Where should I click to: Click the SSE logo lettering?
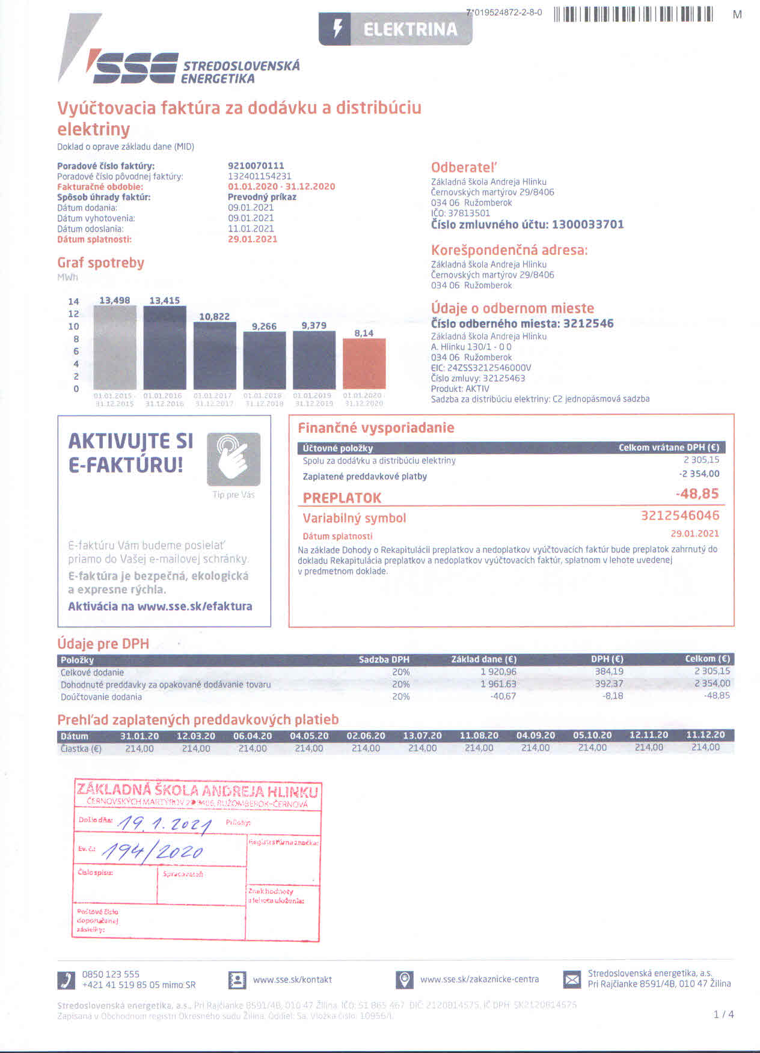(x=132, y=67)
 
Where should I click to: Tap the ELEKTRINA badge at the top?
(x=395, y=29)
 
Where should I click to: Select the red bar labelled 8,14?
(x=364, y=363)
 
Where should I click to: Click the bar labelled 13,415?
(x=165, y=347)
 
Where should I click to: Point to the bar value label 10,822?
(x=214, y=317)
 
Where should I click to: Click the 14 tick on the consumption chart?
(x=73, y=302)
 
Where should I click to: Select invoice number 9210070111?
(x=256, y=166)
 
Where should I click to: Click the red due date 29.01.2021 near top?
(x=253, y=239)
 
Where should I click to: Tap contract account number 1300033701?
(x=587, y=225)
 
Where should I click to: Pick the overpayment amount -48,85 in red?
(x=697, y=494)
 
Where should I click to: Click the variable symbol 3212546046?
(x=679, y=516)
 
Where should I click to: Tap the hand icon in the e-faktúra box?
(x=233, y=459)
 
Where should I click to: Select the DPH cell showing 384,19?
(x=608, y=672)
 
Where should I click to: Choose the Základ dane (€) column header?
(x=483, y=659)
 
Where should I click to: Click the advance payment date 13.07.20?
(x=422, y=736)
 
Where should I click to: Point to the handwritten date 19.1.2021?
(x=164, y=825)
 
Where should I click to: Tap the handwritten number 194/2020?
(x=153, y=850)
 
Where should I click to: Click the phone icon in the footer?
(x=66, y=980)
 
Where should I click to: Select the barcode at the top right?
(x=633, y=14)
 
